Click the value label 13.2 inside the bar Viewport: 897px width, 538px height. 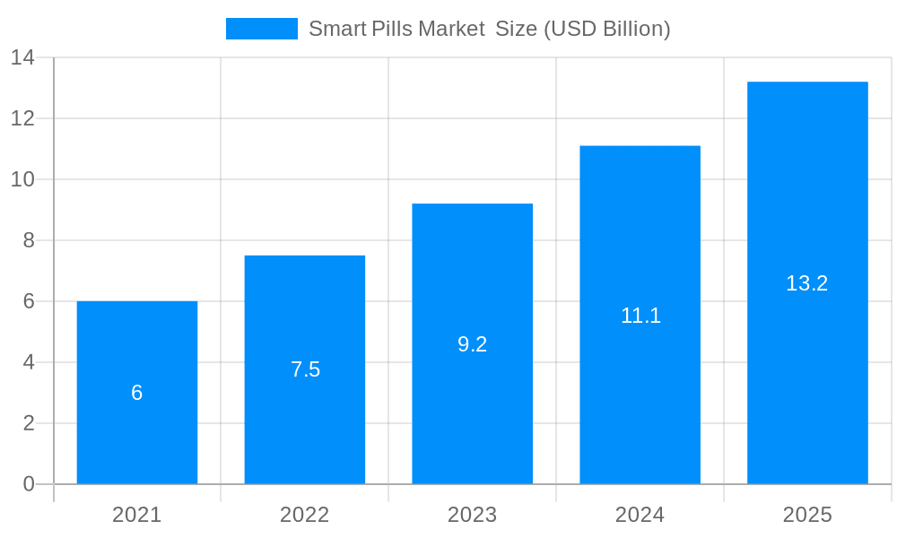(806, 283)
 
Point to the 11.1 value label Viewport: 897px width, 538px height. (640, 316)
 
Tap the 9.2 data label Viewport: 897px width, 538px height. (472, 344)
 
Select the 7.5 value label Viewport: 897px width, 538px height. (305, 369)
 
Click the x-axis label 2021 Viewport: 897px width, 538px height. (136, 515)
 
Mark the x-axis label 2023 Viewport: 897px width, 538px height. (472, 515)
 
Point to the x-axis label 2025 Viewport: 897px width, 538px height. (807, 515)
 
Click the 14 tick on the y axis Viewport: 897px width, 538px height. (22, 58)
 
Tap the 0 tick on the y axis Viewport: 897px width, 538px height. (29, 484)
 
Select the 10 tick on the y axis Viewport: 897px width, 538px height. (22, 179)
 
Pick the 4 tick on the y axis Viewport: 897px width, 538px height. (29, 362)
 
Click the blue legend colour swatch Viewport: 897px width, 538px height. (261, 29)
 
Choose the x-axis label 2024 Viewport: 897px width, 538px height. (640, 515)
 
